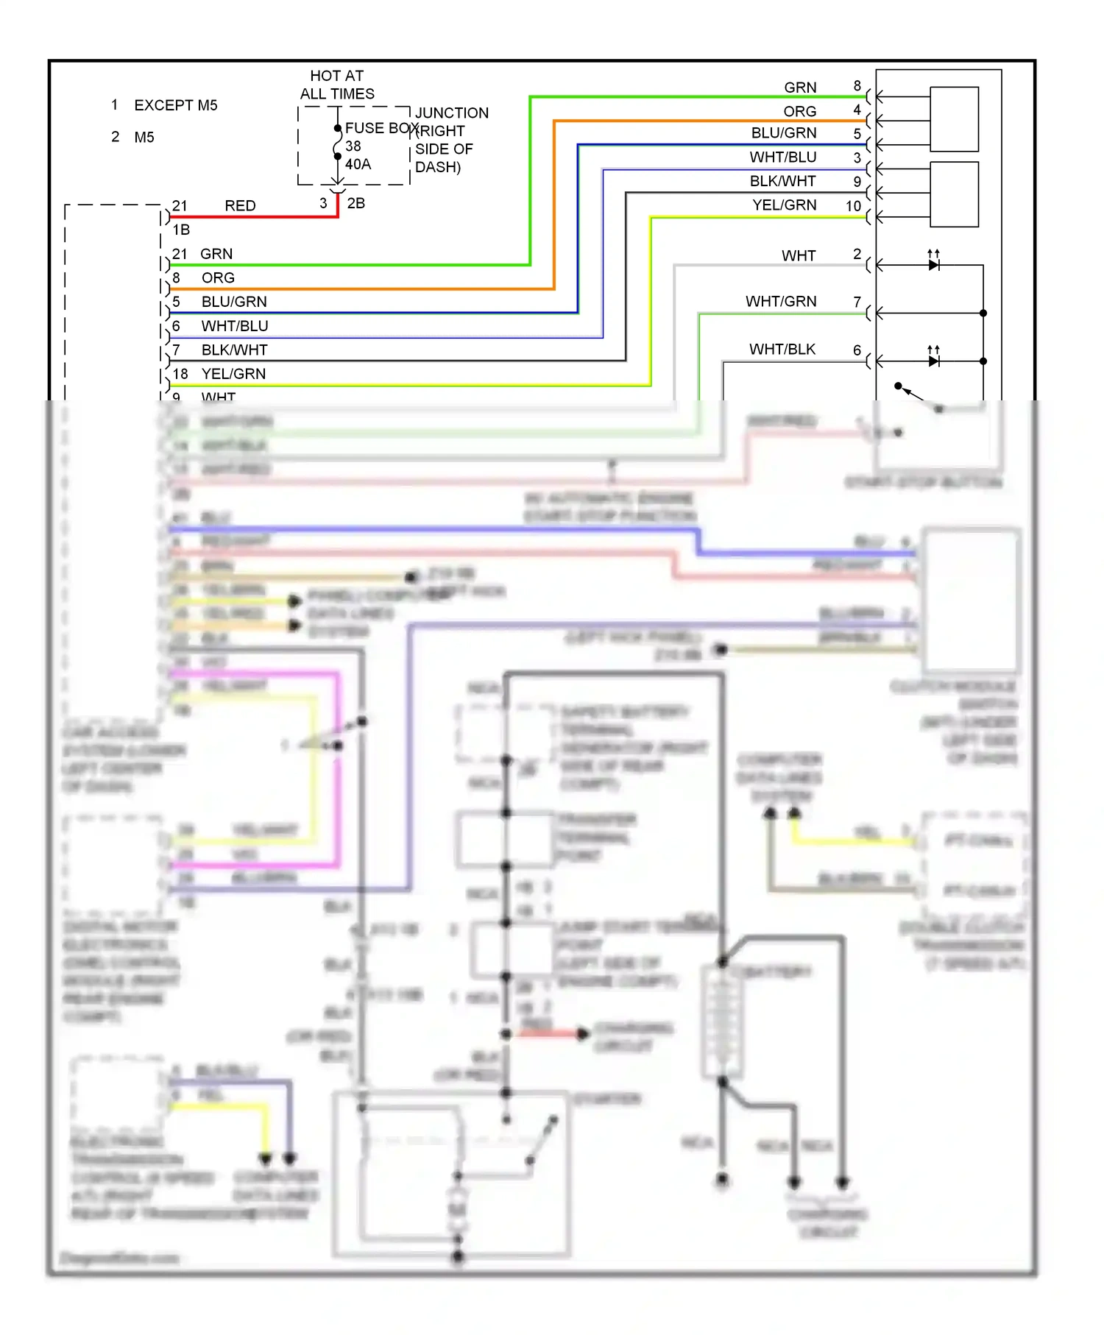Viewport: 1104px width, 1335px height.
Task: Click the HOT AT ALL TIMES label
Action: click(337, 85)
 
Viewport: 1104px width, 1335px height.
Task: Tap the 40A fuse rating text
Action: click(358, 164)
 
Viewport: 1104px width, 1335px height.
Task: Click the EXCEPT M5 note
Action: click(175, 105)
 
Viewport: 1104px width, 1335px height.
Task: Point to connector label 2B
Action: click(355, 203)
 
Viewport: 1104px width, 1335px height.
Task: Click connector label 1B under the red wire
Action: click(181, 230)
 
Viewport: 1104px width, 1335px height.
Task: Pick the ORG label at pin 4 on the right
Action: click(799, 111)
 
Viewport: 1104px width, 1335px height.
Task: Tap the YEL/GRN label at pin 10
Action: click(784, 205)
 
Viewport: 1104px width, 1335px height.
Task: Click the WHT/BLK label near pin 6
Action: click(782, 349)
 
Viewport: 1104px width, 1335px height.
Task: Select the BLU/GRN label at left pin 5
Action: click(234, 302)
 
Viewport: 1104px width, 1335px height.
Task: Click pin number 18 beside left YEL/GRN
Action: click(180, 374)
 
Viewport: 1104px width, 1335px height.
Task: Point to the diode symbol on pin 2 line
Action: click(933, 265)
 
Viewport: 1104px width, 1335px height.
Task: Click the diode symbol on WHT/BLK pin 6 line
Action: click(933, 361)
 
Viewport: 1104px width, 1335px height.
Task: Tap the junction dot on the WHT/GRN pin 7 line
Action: click(983, 314)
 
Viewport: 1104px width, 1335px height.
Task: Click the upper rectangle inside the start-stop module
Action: click(954, 119)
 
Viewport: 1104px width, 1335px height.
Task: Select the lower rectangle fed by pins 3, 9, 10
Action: click(954, 194)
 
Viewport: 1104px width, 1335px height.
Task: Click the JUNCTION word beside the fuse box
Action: click(451, 113)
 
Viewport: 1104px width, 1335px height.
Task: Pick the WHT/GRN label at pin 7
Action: click(780, 301)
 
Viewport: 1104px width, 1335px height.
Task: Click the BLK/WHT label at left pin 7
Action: click(234, 350)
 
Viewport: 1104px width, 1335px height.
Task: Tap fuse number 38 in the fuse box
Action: click(353, 146)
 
